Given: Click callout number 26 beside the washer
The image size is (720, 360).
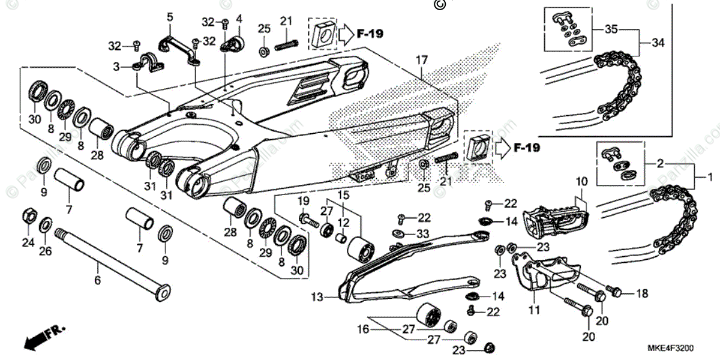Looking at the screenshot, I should coord(46,251).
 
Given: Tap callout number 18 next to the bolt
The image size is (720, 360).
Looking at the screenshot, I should coord(642,293).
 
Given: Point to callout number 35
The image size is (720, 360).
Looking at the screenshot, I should coord(611,29).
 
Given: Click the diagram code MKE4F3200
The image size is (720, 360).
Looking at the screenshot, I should coord(671,347).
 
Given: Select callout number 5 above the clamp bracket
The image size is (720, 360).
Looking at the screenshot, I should coord(170,17).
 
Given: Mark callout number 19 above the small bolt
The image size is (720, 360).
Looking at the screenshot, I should coord(304,200).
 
